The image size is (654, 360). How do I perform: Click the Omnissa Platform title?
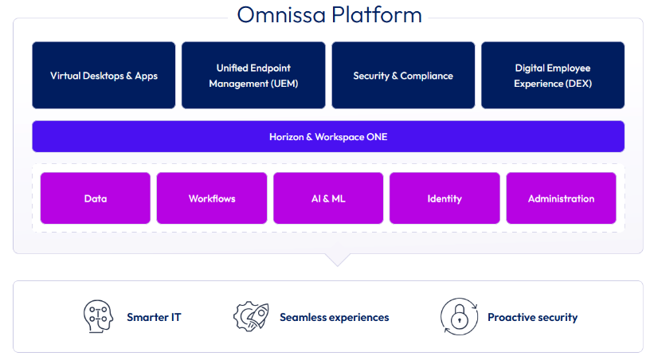click(329, 14)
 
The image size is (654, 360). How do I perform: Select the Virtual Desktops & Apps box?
click(104, 75)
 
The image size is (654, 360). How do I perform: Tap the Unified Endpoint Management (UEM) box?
click(253, 75)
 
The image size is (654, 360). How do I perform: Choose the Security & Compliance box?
click(403, 75)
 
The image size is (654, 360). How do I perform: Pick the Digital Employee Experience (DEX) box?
click(553, 75)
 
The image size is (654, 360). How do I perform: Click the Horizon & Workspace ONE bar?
click(328, 136)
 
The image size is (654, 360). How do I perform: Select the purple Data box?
click(96, 198)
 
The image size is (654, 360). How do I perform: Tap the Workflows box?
click(212, 198)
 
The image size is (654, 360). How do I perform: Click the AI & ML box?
click(328, 198)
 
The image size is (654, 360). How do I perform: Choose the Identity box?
click(444, 198)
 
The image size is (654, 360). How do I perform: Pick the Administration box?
click(561, 198)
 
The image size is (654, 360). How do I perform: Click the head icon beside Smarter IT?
click(98, 316)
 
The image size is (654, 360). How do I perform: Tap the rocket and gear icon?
click(251, 316)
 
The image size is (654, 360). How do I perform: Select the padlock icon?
click(459, 317)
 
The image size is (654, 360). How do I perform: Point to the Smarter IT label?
click(154, 317)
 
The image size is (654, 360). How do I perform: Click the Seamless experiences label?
click(334, 317)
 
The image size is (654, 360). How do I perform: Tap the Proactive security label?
click(533, 318)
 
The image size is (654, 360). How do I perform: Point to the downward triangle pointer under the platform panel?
click(338, 259)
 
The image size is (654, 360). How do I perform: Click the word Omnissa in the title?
click(281, 14)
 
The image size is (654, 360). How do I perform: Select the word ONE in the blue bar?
click(377, 137)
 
